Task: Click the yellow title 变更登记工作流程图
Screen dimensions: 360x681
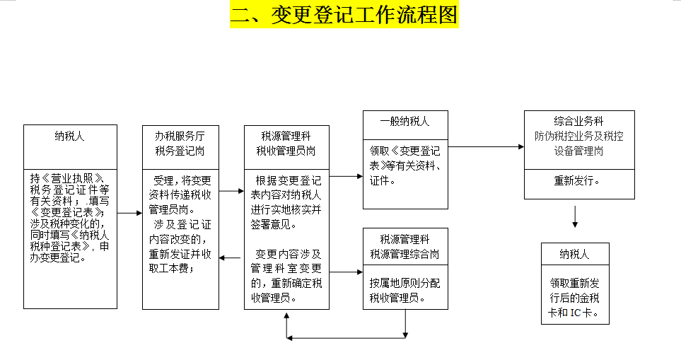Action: tap(344, 15)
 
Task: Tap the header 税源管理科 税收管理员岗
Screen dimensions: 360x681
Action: tap(286, 143)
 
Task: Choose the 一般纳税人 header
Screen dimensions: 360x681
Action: tap(404, 122)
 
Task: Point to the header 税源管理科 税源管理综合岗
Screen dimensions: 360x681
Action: tap(404, 246)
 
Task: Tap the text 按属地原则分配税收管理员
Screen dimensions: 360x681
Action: tap(404, 290)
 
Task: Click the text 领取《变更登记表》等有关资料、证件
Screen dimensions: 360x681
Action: tap(404, 166)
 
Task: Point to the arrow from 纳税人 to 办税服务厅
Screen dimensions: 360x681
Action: tap(129, 212)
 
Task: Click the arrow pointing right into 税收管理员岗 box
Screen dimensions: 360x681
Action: tap(231, 191)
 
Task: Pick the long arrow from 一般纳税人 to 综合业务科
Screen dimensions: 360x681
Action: tap(486, 147)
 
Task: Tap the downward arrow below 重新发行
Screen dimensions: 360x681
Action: tap(575, 216)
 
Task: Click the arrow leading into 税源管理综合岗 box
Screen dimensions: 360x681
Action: tap(346, 271)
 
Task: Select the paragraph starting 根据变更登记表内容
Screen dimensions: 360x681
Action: tap(286, 202)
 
